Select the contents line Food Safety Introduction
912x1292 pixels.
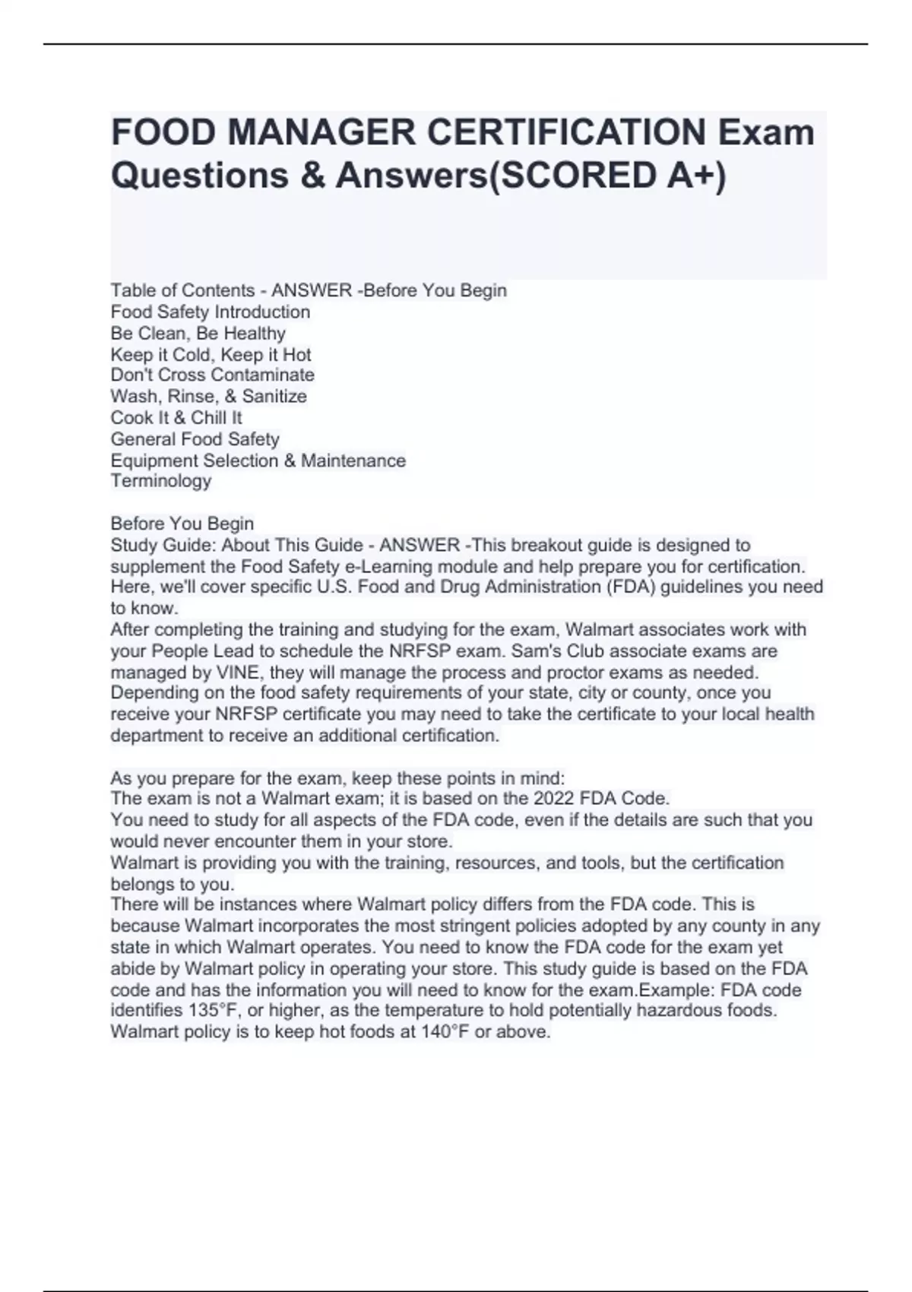pyautogui.click(x=210, y=312)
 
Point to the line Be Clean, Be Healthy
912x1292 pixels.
pyautogui.click(x=198, y=333)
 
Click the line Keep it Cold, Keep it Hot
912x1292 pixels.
pyautogui.click(x=211, y=354)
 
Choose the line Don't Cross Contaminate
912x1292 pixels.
pyautogui.click(x=212, y=375)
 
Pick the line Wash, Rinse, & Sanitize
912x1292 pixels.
pyautogui.click(x=208, y=396)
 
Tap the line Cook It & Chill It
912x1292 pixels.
pyautogui.click(x=176, y=417)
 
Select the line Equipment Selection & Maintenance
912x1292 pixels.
pyautogui.click(x=258, y=461)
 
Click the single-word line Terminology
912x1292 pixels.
pyautogui.click(x=160, y=480)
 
